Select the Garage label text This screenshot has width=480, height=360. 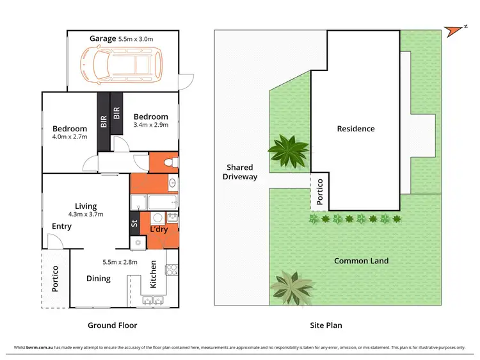coord(102,38)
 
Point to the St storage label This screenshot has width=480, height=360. coord(134,224)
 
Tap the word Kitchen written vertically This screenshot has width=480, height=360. coord(154,275)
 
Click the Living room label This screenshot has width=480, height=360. coord(86,206)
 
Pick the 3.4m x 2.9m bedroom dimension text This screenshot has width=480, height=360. coord(150,126)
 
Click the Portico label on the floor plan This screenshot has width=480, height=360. coord(55,279)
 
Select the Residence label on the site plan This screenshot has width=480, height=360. coord(356,129)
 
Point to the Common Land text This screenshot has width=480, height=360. coord(361,261)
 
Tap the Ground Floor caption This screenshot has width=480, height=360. coord(113,325)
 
